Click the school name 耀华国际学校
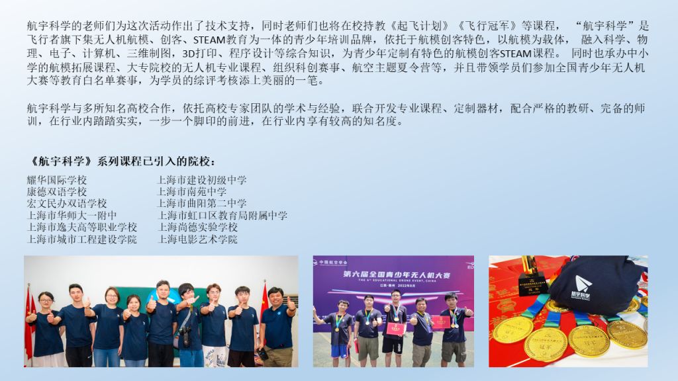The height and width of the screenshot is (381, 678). pos(57,180)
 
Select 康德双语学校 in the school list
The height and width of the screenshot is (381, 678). pos(57,192)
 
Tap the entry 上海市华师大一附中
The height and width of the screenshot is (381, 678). pos(72,216)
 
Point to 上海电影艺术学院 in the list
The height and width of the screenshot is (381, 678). pos(197,239)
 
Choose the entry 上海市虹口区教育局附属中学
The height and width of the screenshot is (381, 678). pos(222,216)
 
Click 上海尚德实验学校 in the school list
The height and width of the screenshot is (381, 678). pos(197,228)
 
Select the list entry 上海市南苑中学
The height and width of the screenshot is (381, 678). pos(191,192)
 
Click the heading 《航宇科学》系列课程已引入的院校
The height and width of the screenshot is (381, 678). pos(121,161)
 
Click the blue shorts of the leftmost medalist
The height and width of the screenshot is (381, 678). pos(340,351)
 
